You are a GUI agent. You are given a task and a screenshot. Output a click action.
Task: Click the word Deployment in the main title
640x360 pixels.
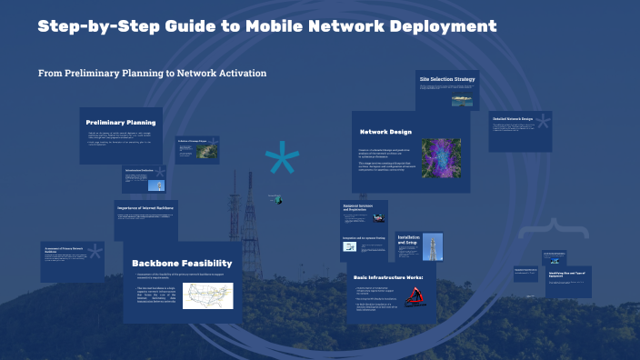click(446, 25)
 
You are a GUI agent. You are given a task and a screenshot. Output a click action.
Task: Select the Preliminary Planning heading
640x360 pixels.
click(121, 122)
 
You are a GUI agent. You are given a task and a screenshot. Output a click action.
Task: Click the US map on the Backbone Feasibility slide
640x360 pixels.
click(207, 295)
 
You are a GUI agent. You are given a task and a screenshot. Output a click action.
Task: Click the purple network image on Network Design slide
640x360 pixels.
click(441, 157)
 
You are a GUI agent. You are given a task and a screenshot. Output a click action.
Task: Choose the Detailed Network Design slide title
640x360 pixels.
click(512, 118)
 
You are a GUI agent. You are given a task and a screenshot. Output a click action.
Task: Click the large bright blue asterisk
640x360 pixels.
click(282, 161)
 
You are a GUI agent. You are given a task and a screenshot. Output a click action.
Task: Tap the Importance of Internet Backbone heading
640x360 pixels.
click(146, 208)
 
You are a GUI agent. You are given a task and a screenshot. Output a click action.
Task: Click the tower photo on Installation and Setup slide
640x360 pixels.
click(405, 245)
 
